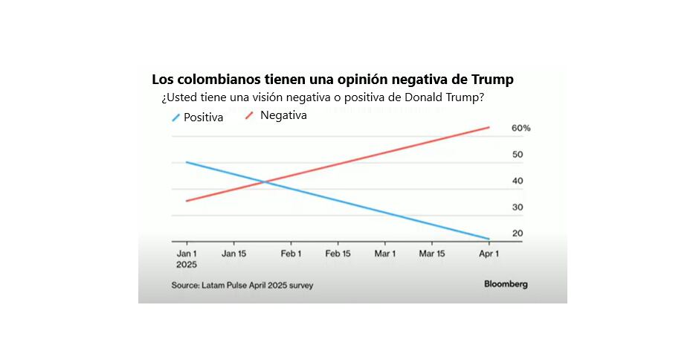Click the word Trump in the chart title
click(492, 80)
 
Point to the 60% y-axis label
click(521, 128)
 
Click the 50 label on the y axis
click(518, 155)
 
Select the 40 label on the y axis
click(518, 181)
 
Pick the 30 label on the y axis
click(518, 207)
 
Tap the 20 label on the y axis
click(518, 234)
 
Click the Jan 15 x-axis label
click(233, 254)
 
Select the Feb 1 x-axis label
click(291, 254)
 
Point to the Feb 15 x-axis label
click(338, 254)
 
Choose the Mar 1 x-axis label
click(385, 254)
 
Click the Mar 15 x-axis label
click(432, 254)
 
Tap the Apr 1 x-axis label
click(489, 254)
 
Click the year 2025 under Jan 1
click(187, 265)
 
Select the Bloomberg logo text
click(506, 284)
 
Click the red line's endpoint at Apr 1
click(489, 127)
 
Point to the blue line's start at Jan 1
click(187, 162)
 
